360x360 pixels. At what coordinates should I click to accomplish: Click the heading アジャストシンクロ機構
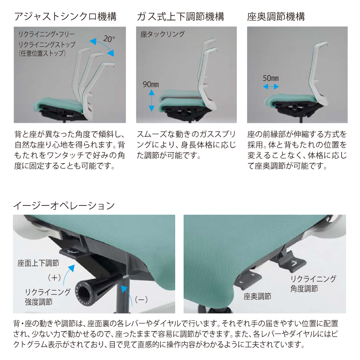pyautogui.click(x=66, y=17)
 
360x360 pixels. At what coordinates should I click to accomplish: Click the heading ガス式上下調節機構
pyautogui.click(x=180, y=17)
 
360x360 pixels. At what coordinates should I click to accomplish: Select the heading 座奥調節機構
pyautogui.click(x=276, y=17)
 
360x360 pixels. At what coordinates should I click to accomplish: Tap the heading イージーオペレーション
pyautogui.click(x=64, y=206)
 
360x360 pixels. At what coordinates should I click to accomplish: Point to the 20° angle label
pyautogui.click(x=109, y=39)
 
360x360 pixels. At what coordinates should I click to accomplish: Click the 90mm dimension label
pyautogui.click(x=151, y=84)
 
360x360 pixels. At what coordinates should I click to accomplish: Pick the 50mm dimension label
pyautogui.click(x=271, y=78)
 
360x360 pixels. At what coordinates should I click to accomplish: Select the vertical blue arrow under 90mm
pyautogui.click(x=152, y=100)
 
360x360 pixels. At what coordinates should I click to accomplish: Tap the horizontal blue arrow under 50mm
pyautogui.click(x=271, y=86)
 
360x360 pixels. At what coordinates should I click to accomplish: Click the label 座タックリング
pyautogui.click(x=162, y=34)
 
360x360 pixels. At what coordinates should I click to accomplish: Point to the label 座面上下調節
pyautogui.click(x=38, y=263)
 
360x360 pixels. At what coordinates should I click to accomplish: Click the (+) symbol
pyautogui.click(x=54, y=278)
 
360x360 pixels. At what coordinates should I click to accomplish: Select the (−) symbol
pyautogui.click(x=141, y=299)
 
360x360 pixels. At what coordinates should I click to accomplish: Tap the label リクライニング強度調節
pyautogui.click(x=48, y=297)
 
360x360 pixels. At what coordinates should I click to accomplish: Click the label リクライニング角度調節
pyautogui.click(x=313, y=284)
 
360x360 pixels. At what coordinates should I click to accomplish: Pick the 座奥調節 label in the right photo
pyautogui.click(x=257, y=296)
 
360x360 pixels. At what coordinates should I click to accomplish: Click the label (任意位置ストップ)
pyautogui.click(x=42, y=54)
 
